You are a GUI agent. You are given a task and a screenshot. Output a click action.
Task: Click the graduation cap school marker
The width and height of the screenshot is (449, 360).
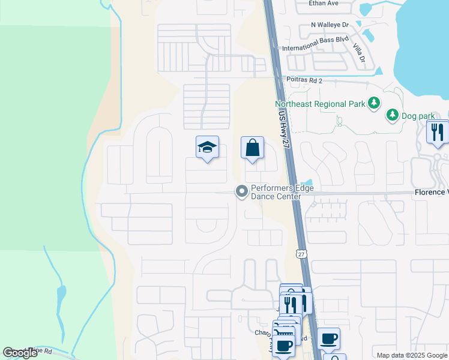[207, 147]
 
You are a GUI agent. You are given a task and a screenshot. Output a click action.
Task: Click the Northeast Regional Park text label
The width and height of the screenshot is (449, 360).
[320, 104]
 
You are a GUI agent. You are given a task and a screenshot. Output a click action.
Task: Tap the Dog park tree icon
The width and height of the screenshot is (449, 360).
[393, 113]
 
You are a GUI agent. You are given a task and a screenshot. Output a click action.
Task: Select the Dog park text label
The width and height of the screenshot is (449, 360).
[418, 113]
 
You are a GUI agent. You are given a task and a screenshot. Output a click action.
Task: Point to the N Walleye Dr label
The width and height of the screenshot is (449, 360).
[330, 25]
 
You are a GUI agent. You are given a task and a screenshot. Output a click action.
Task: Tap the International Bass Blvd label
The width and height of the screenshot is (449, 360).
[315, 47]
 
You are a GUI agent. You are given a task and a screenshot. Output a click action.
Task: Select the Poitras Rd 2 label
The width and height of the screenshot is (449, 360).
[303, 80]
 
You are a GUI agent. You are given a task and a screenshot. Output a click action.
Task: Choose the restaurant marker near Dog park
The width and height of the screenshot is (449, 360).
[438, 131]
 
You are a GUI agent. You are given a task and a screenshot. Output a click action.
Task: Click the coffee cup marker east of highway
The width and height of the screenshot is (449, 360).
[329, 338]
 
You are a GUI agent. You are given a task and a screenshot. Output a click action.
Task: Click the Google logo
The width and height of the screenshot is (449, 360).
[20, 353]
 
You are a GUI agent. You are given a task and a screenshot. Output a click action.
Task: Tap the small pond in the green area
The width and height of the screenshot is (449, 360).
[61, 295]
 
